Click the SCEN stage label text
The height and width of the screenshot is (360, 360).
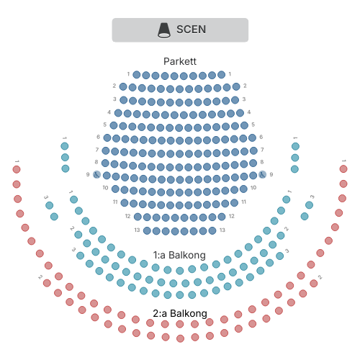point(191,30)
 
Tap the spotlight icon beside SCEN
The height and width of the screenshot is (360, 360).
point(164,30)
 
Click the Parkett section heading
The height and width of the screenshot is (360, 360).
point(180,61)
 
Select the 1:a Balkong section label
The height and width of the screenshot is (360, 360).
point(179,255)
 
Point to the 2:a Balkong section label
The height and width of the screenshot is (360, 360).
point(180,313)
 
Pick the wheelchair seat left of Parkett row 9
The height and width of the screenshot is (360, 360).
point(96,174)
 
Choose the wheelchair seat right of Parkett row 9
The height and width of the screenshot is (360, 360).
point(262,174)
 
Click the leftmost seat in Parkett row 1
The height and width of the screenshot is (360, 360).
point(137,75)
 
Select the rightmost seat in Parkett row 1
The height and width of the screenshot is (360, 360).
point(221,75)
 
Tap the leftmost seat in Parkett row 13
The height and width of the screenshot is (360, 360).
point(147,231)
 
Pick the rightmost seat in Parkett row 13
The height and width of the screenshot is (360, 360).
point(212,231)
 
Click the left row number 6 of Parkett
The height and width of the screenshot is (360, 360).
point(98,137)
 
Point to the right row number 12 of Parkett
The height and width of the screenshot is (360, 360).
point(231,216)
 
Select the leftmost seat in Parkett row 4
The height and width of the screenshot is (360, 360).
point(118,113)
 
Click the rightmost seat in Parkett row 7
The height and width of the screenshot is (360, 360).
point(253,150)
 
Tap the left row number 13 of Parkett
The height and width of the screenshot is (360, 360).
point(137,230)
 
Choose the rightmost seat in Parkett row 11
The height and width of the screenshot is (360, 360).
point(234,203)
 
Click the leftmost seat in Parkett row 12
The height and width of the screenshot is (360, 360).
point(138,217)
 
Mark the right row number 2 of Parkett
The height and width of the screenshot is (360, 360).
point(245,86)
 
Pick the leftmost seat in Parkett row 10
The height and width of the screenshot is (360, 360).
point(115,189)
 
